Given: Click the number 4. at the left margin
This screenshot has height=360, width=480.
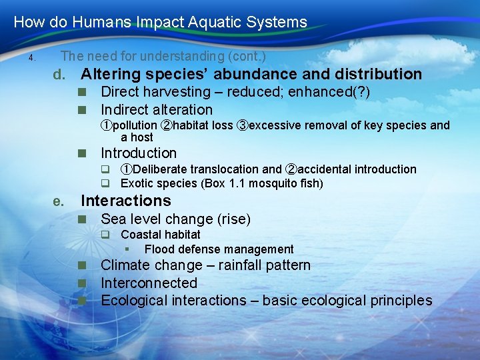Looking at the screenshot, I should click(31, 58).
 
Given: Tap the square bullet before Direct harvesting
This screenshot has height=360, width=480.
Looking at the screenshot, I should click(82, 93).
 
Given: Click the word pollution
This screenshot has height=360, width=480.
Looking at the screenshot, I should click(135, 125).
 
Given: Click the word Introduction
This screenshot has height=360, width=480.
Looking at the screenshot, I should click(138, 153).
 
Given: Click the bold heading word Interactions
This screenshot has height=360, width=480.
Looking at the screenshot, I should click(125, 201).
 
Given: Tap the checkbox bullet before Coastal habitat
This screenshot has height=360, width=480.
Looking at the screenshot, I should click(105, 235).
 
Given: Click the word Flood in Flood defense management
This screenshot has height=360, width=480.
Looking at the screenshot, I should click(159, 249).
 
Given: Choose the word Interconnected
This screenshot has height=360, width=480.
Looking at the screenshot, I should click(149, 283).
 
